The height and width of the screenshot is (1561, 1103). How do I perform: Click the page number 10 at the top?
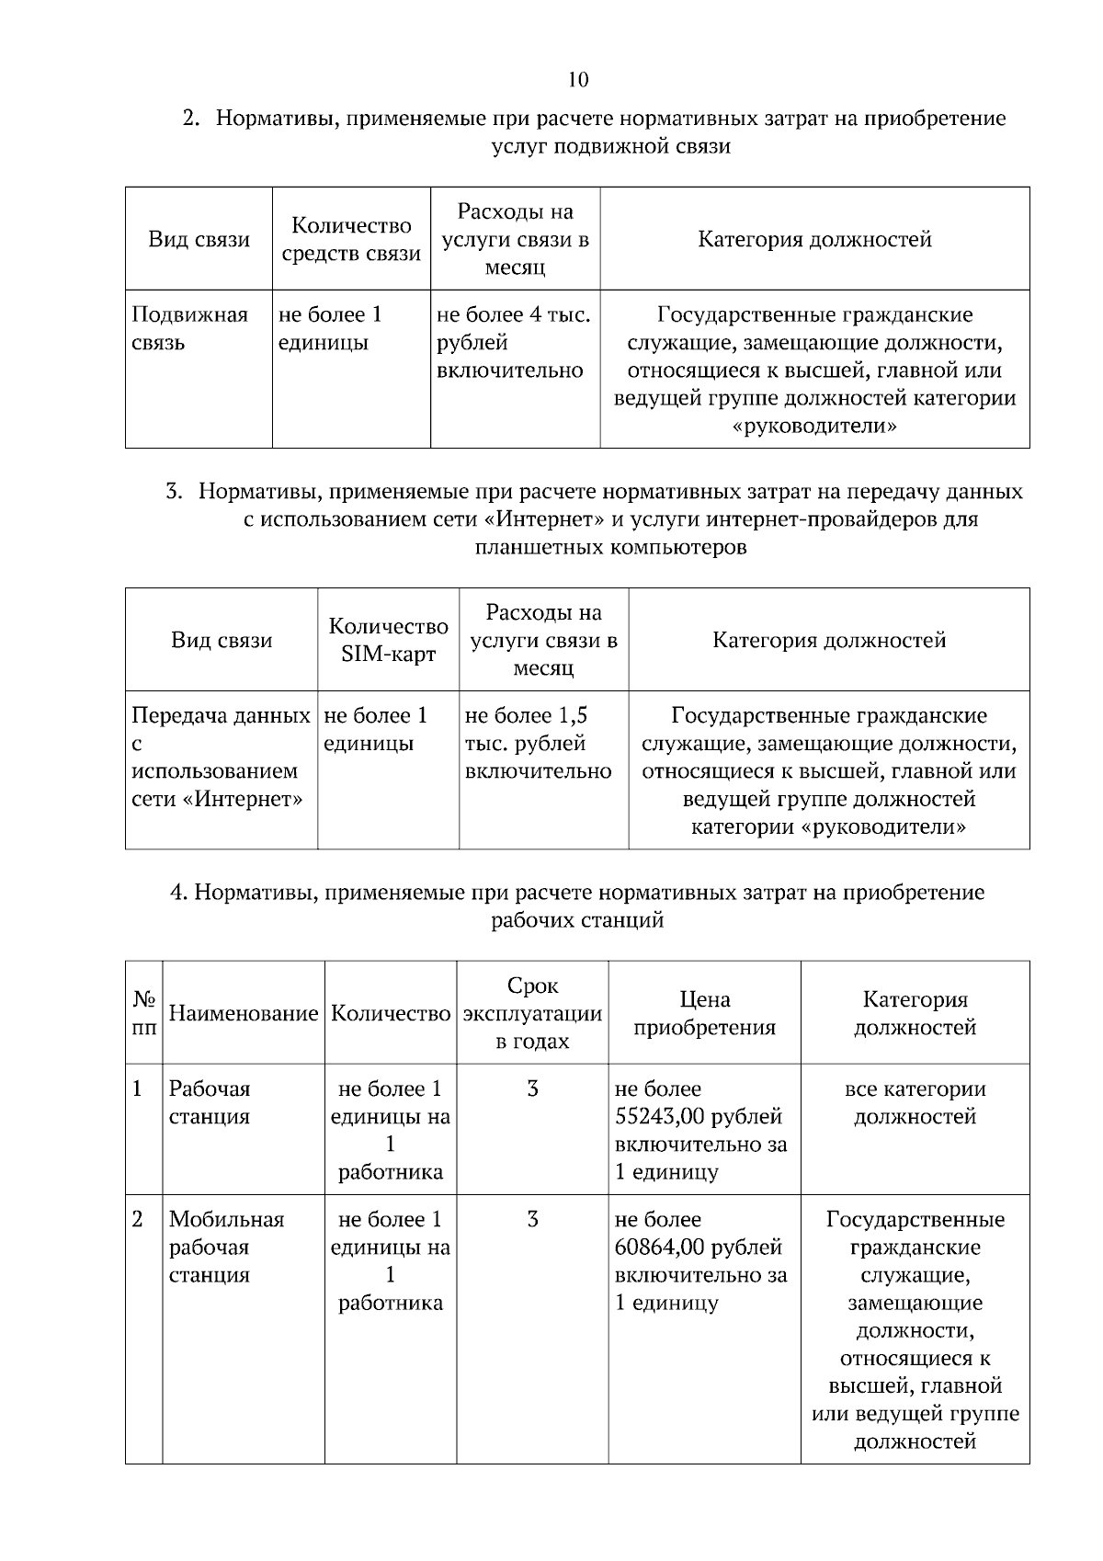point(578,80)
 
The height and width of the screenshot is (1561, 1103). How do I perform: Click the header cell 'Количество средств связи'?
point(351,239)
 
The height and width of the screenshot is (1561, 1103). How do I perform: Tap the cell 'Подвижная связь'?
point(189,328)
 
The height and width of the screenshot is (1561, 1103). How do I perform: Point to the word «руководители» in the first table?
point(814,427)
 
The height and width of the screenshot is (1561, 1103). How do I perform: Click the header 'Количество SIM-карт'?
point(388,640)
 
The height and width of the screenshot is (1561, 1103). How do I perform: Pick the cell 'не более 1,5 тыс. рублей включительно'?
point(538,743)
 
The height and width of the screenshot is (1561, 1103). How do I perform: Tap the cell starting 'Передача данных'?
point(221,757)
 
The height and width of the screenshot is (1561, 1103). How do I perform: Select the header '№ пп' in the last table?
point(144,1012)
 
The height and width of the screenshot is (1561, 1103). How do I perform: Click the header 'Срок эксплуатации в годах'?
point(532,1012)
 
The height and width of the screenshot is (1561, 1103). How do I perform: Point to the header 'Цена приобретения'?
point(704,1012)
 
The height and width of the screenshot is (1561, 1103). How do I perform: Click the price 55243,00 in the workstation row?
point(660,1116)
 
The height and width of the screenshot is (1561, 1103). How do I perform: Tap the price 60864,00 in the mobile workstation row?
point(660,1247)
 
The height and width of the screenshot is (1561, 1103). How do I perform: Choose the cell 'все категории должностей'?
point(915,1102)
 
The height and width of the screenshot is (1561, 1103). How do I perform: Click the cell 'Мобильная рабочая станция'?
point(226,1247)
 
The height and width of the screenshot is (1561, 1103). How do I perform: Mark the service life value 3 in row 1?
point(532,1089)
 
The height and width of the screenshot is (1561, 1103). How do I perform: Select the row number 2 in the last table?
point(138,1220)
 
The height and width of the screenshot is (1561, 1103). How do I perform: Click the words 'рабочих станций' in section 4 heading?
point(577,920)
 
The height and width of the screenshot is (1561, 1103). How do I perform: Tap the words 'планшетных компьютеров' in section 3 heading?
point(610,548)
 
